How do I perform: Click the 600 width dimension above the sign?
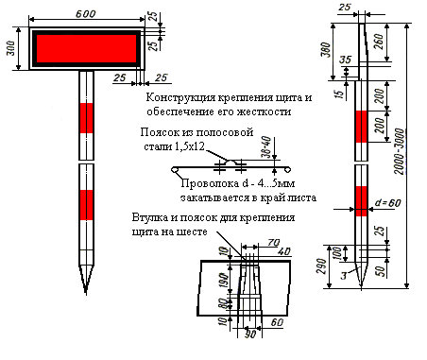[86, 14]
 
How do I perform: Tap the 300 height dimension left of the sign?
[11, 48]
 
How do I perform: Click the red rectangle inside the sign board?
[86, 48]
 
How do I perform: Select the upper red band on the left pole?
[86, 118]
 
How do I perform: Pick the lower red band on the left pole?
[86, 205]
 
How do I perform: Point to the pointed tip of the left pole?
[86, 294]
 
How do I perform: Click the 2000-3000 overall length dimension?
[400, 151]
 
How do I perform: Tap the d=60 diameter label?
[388, 203]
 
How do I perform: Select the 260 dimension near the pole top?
[380, 42]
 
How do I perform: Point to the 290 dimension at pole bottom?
[321, 266]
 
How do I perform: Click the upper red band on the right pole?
[362, 127]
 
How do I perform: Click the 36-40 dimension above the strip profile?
[266, 146]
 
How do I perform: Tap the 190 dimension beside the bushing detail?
[223, 281]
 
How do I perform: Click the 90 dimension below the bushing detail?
[250, 334]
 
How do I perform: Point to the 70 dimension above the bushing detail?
[273, 243]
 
